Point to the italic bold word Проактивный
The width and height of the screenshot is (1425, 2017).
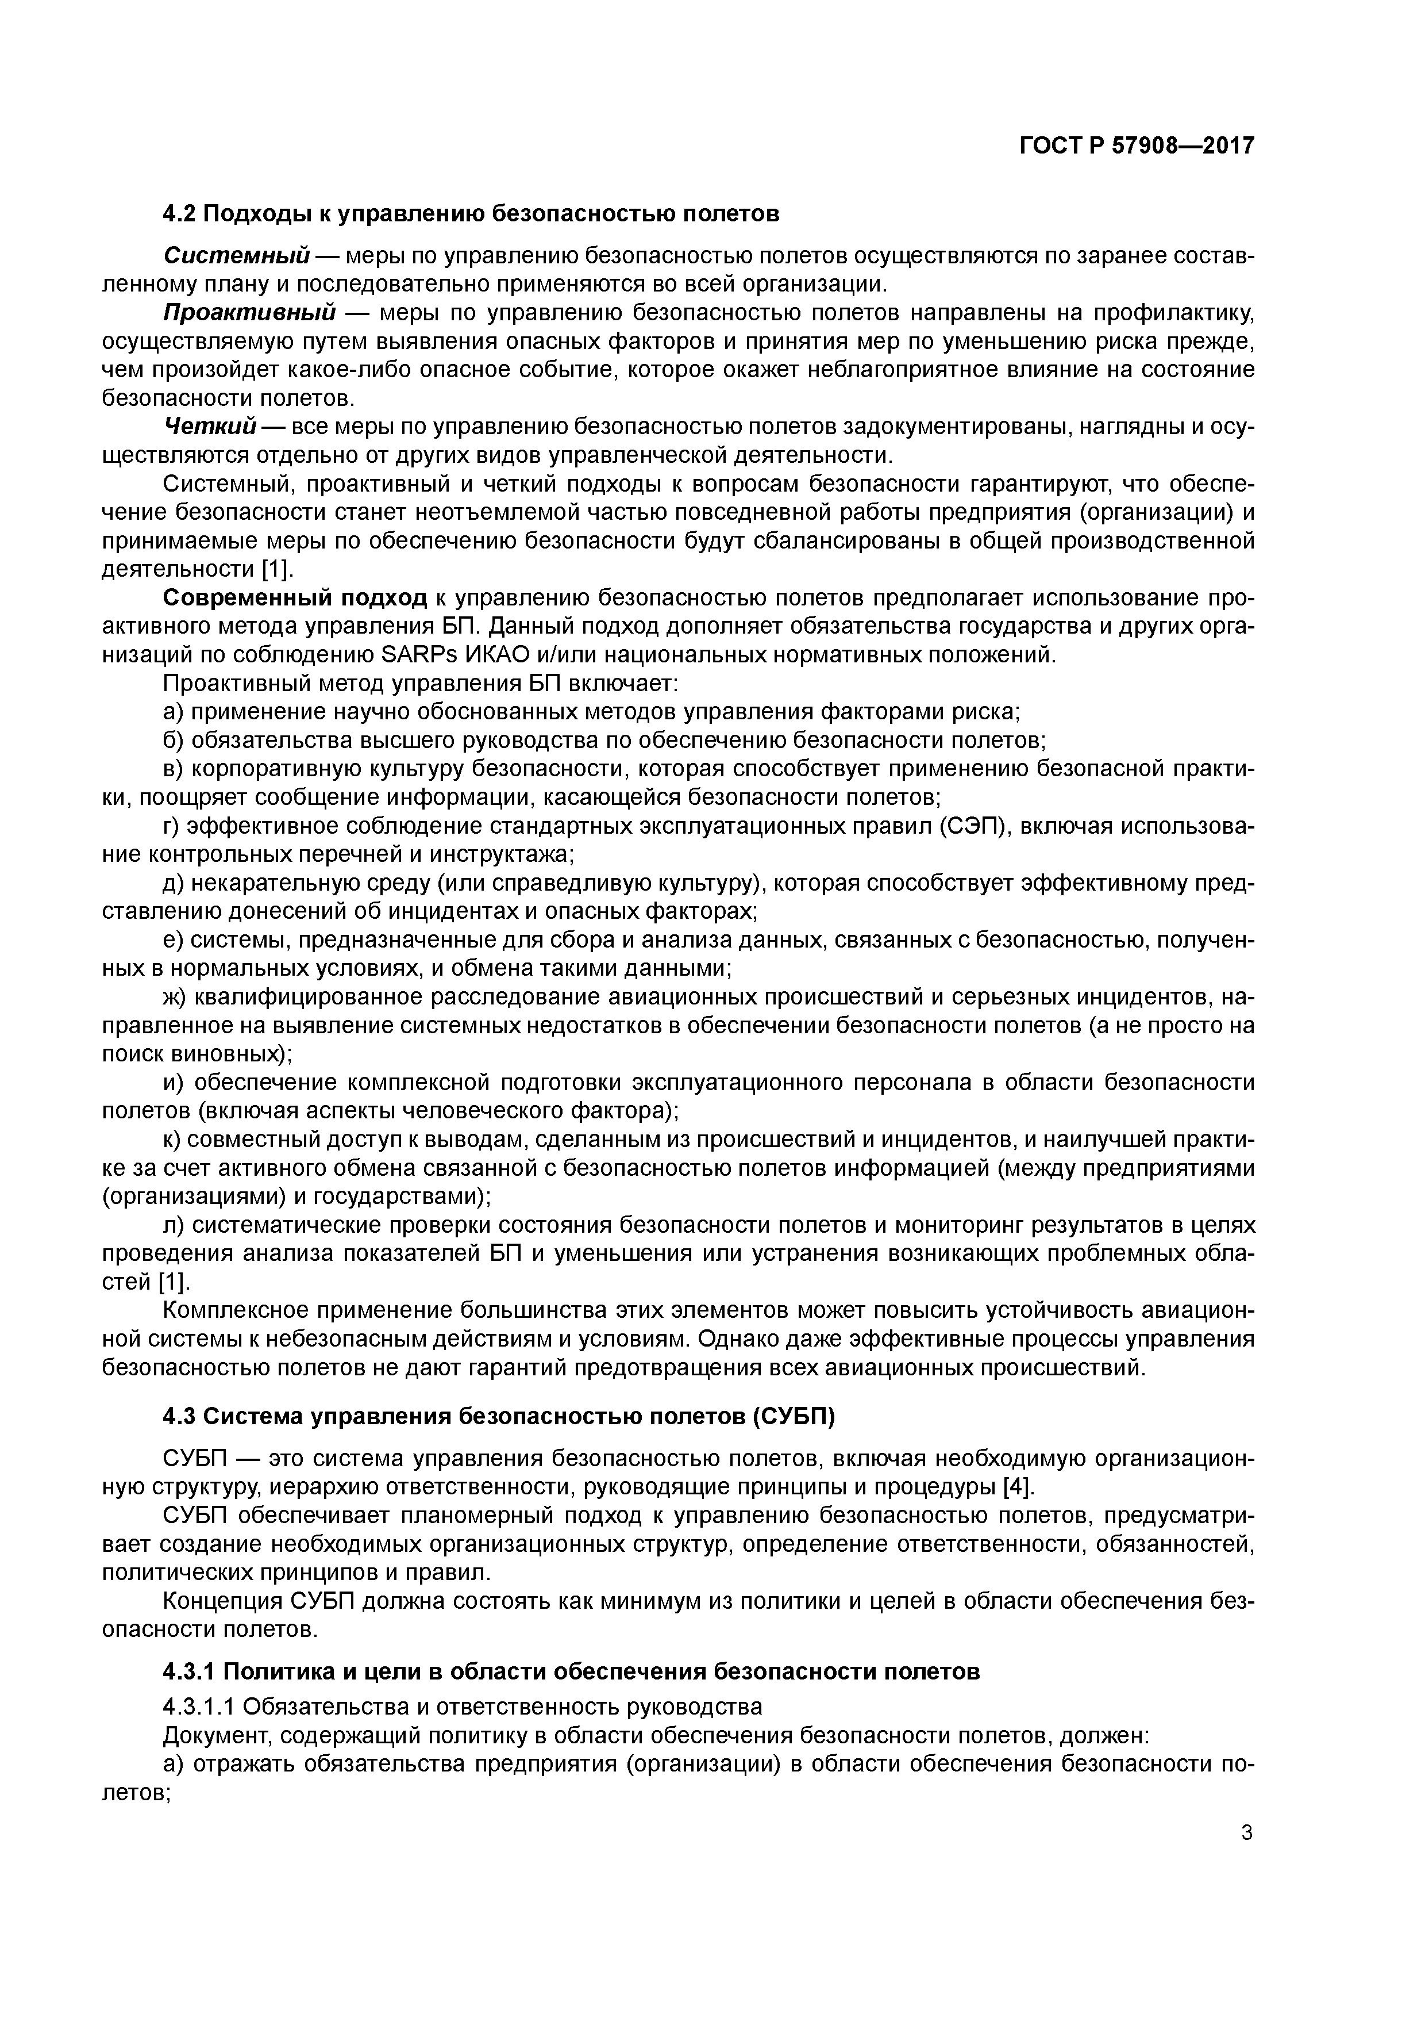coord(250,313)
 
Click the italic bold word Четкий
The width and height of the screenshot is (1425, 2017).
coord(210,427)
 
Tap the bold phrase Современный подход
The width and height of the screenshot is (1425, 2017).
coord(295,598)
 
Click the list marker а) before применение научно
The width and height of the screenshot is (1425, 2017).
coord(174,712)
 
